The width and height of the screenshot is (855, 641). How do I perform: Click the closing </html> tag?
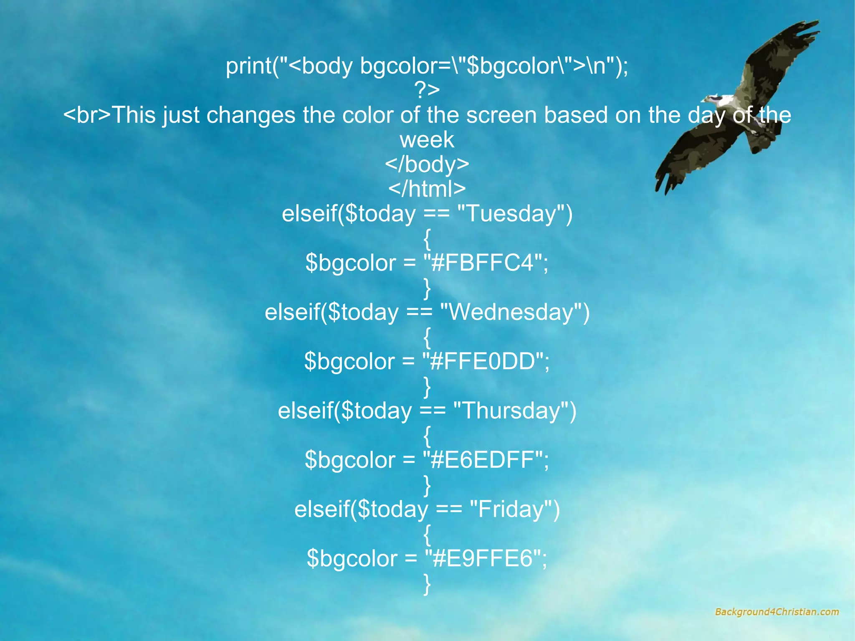tap(427, 189)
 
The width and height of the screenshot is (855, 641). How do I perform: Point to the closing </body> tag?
tap(427, 165)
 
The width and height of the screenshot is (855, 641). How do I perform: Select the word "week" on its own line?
tap(427, 140)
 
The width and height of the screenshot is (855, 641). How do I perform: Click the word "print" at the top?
tap(249, 66)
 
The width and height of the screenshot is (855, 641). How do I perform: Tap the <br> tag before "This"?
tap(87, 115)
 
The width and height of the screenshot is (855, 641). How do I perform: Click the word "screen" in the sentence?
tap(501, 115)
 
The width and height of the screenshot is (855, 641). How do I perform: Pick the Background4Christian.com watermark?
tap(777, 612)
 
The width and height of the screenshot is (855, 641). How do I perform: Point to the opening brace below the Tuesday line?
tap(427, 239)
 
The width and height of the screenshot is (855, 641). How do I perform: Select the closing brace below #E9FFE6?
tap(427, 584)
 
